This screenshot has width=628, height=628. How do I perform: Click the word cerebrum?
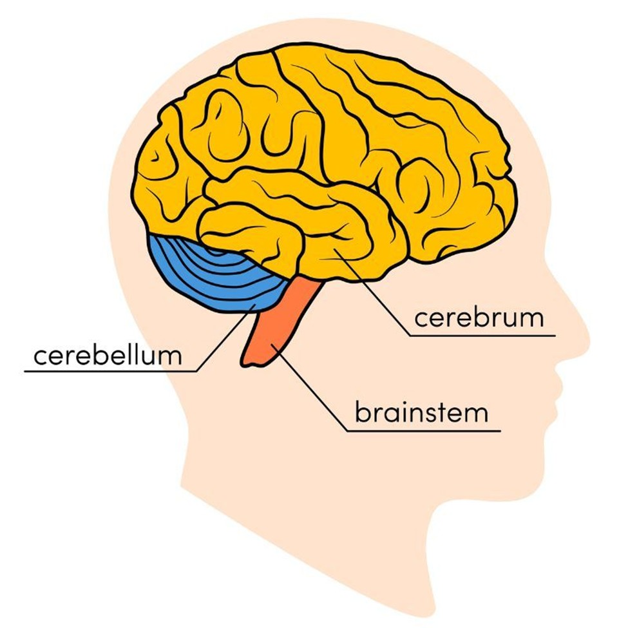click(x=479, y=318)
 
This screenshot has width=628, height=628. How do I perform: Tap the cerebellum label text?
click(x=108, y=355)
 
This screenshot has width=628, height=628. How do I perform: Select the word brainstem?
click(x=421, y=412)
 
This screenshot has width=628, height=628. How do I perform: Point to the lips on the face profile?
click(x=558, y=394)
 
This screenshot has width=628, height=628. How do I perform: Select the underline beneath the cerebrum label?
click(x=482, y=335)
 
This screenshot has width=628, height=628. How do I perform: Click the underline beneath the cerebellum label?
click(x=111, y=372)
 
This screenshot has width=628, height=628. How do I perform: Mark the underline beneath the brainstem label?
click(x=424, y=431)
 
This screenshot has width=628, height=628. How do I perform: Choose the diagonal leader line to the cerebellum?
click(x=225, y=338)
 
